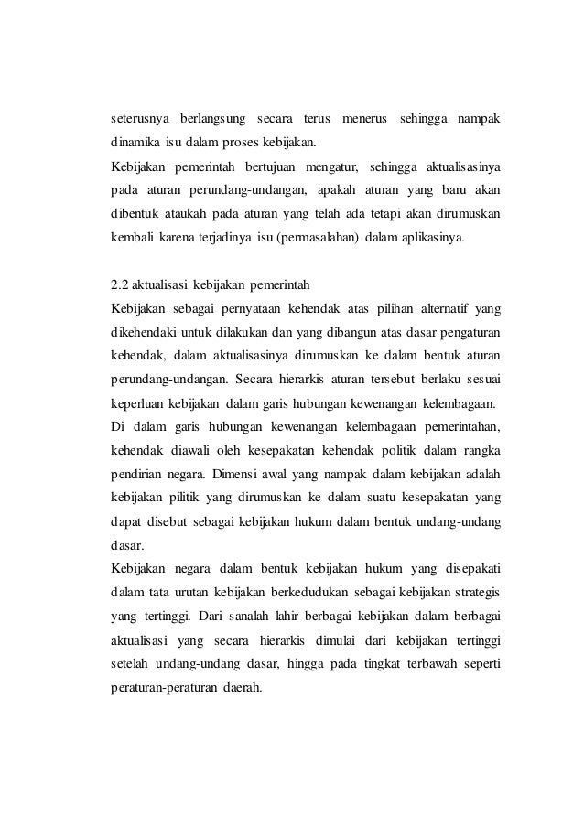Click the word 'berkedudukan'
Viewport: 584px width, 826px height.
pyautogui.click(x=310, y=592)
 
